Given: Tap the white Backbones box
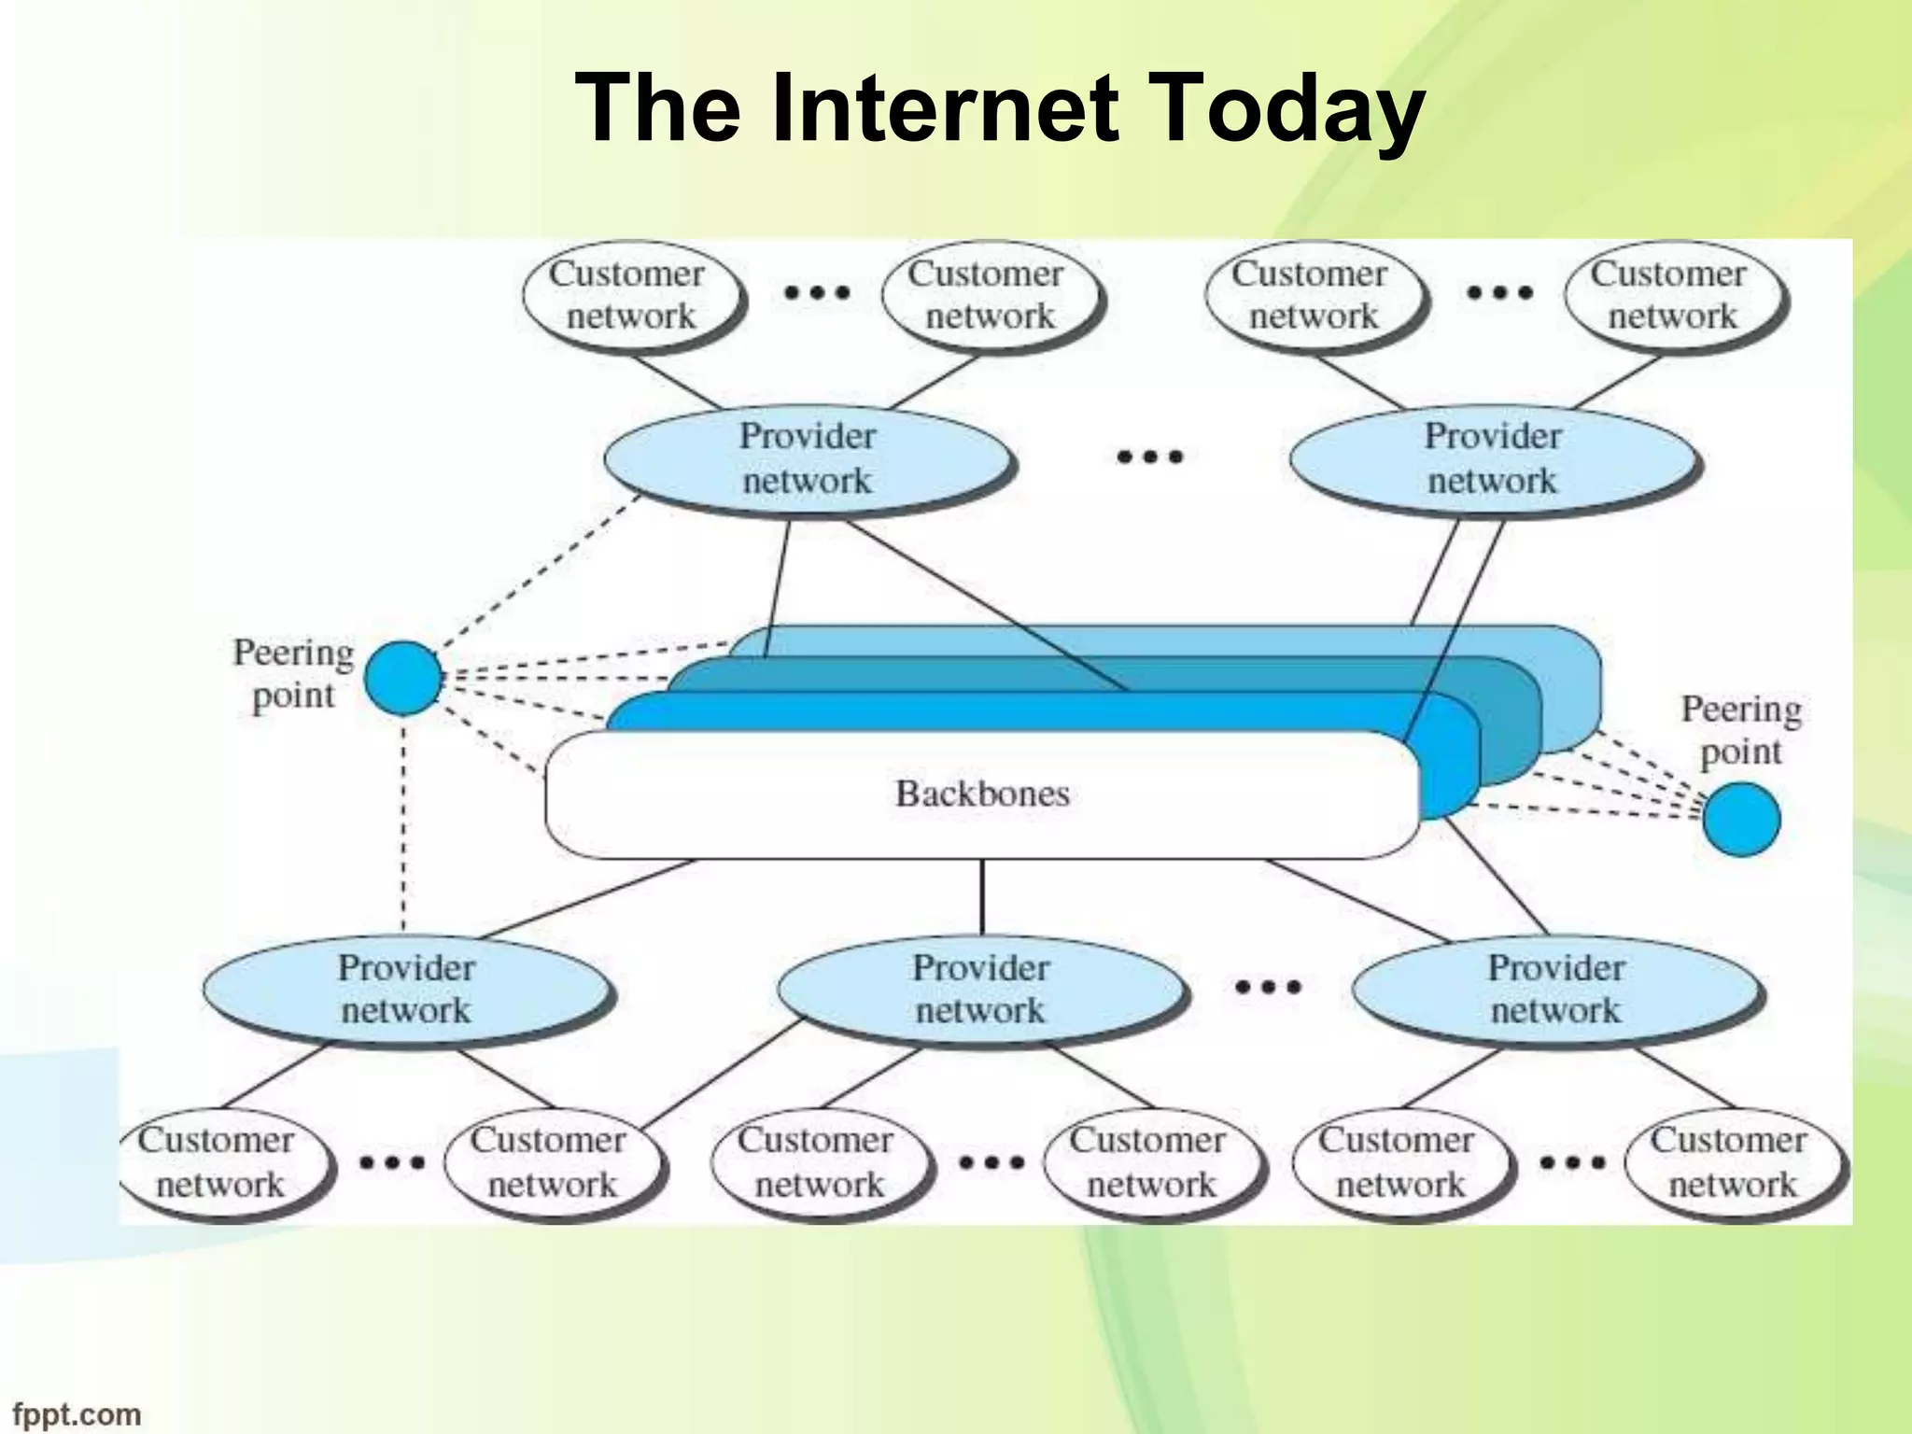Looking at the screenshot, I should coord(982,794).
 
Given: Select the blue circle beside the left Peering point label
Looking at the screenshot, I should coord(402,678).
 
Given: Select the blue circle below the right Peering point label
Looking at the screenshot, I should coord(1740,819).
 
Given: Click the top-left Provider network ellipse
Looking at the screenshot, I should coord(808,459).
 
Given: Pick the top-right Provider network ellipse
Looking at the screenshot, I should coord(1492,459).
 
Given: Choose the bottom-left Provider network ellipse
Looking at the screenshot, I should coord(406,990).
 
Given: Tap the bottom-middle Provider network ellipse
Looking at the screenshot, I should coord(980,990).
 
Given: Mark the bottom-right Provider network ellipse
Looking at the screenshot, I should coord(1555,990).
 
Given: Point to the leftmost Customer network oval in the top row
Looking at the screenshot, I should coord(630,294).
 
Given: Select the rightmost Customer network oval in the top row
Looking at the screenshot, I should coord(1671,294).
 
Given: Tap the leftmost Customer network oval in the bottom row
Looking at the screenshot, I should coord(220,1162).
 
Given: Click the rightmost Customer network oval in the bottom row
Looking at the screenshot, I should coord(1733,1162).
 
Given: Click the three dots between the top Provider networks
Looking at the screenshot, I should coord(1150,457).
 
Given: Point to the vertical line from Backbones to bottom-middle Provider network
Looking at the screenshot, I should coord(981,896).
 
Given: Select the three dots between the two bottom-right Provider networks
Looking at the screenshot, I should coord(1268,987).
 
